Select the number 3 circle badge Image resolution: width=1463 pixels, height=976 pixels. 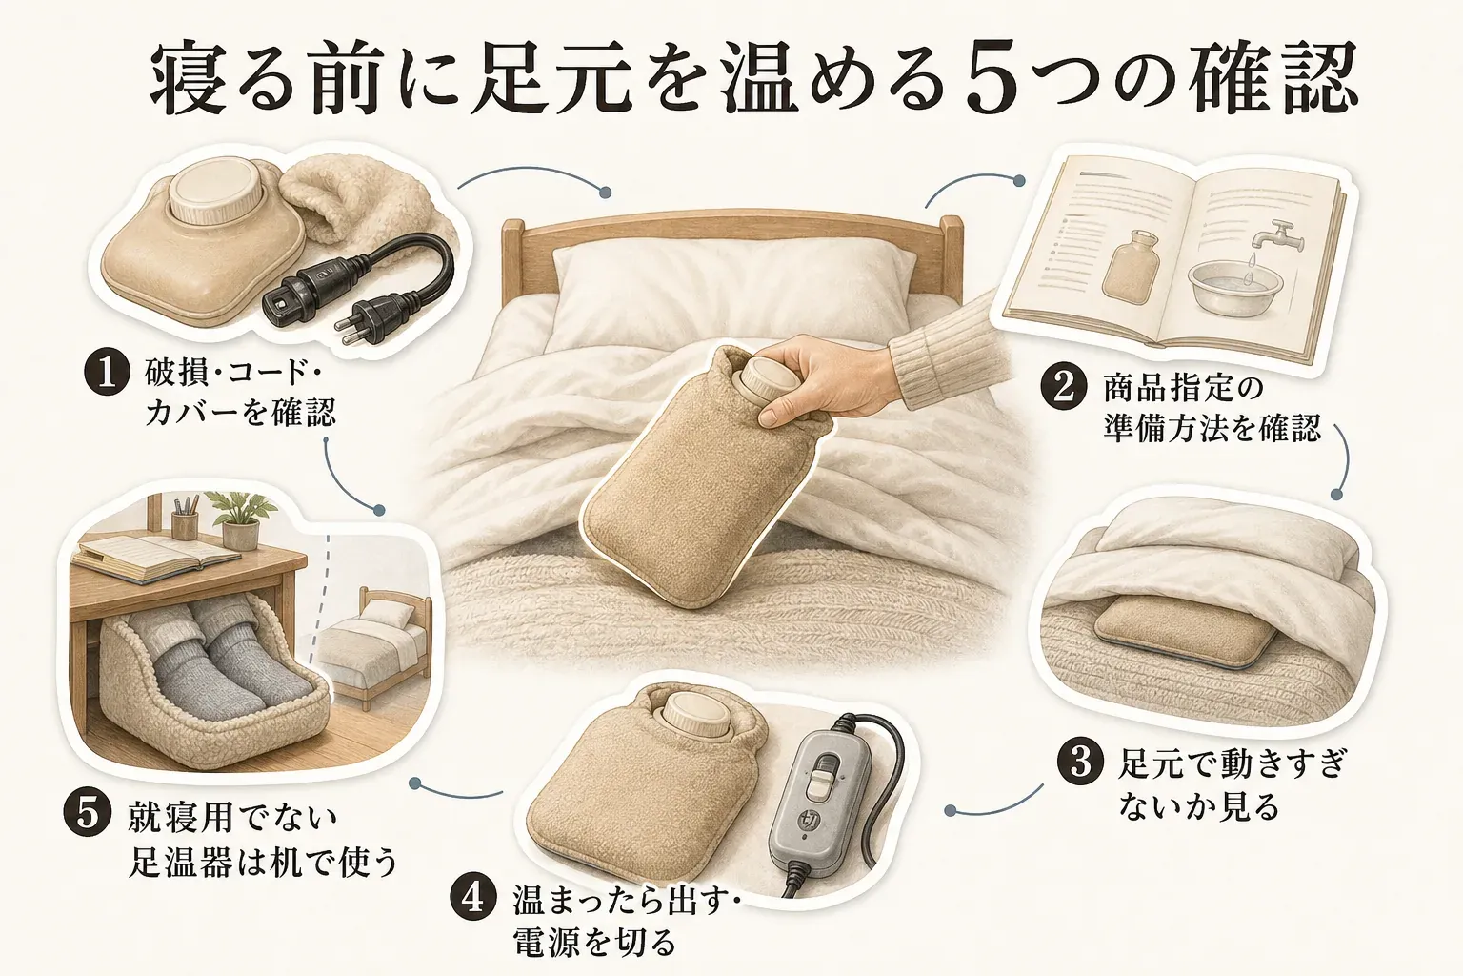pos(1079,762)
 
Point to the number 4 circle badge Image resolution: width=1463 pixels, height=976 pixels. pos(472,899)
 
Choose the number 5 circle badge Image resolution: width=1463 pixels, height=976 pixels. pos(87,814)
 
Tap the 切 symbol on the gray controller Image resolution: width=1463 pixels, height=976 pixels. pos(809,820)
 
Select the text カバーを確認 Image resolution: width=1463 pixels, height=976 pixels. pos(241,413)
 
